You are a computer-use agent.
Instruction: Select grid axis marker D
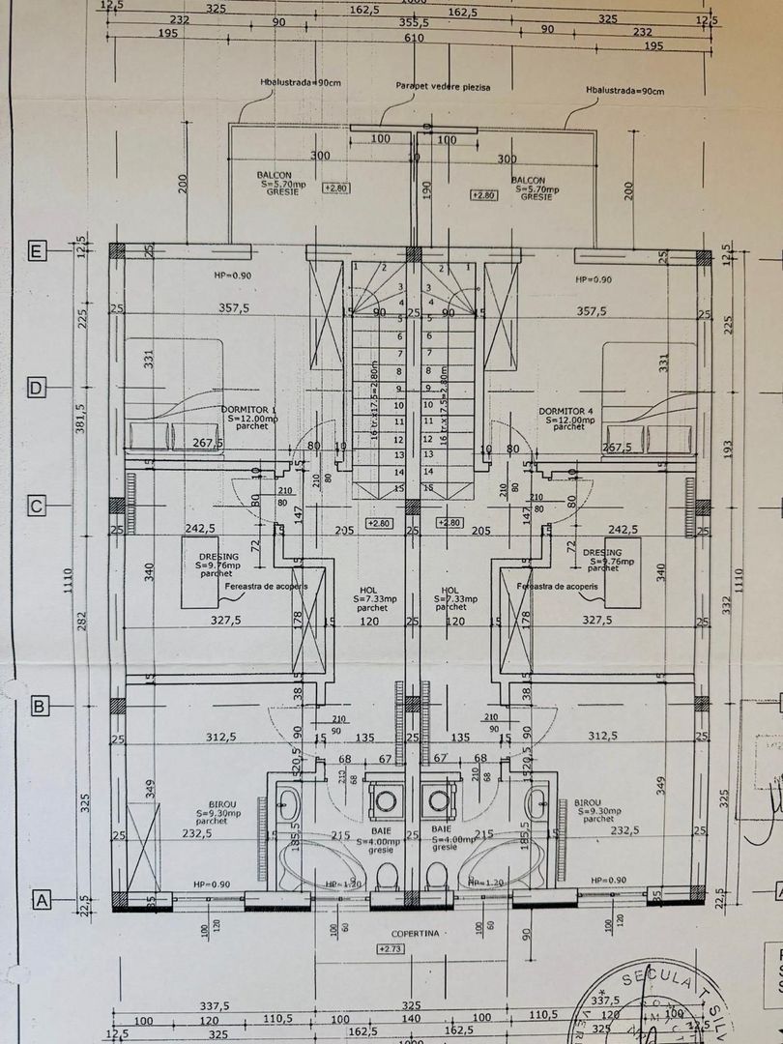37,388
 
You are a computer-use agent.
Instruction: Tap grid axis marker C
37,505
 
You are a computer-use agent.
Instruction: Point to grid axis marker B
39,707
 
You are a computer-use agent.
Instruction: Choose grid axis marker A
41,899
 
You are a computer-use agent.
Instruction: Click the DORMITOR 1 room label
248,411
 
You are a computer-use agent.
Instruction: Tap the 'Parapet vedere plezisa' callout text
443,87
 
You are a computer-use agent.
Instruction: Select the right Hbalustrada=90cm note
624,92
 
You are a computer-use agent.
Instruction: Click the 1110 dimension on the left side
81,577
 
